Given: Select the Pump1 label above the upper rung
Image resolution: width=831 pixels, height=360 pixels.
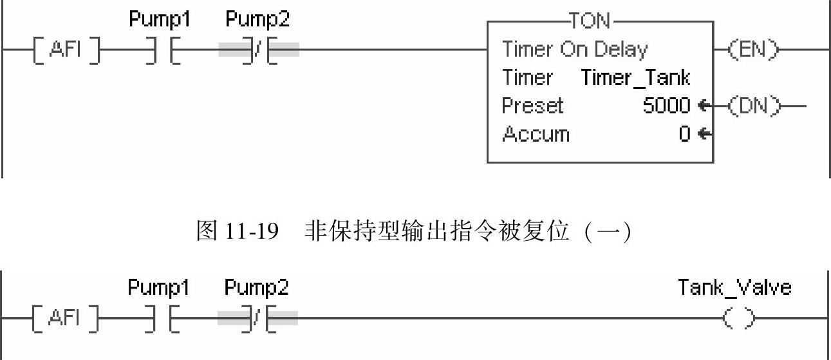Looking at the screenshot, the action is (x=160, y=20).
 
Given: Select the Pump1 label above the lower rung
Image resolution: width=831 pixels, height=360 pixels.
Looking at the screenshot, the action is (x=158, y=288).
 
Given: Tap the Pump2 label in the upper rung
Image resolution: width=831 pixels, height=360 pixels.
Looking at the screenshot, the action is (x=257, y=20).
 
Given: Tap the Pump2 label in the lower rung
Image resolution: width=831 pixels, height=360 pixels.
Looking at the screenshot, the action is (x=256, y=288).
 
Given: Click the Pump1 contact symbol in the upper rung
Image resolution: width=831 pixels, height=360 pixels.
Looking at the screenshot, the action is (x=162, y=50).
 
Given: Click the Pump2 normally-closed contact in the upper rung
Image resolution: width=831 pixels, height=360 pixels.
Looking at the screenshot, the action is (x=258, y=50).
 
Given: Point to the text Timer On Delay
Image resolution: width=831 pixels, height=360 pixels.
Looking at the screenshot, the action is (x=575, y=49).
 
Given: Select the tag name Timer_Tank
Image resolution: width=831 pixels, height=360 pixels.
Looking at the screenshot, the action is (x=635, y=77).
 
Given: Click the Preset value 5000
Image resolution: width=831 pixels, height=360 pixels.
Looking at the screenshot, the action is (x=666, y=106).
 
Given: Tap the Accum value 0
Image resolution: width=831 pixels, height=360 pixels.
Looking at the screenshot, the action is (x=685, y=134).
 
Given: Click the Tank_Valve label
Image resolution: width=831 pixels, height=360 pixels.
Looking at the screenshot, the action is (x=734, y=287).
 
